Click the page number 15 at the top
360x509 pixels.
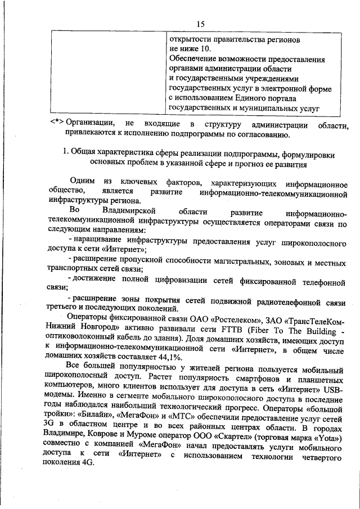pyautogui.click(x=201, y=23)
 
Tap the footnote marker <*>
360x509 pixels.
pyautogui.click(x=56, y=123)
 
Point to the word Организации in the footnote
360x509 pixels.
pyautogui.click(x=91, y=123)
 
